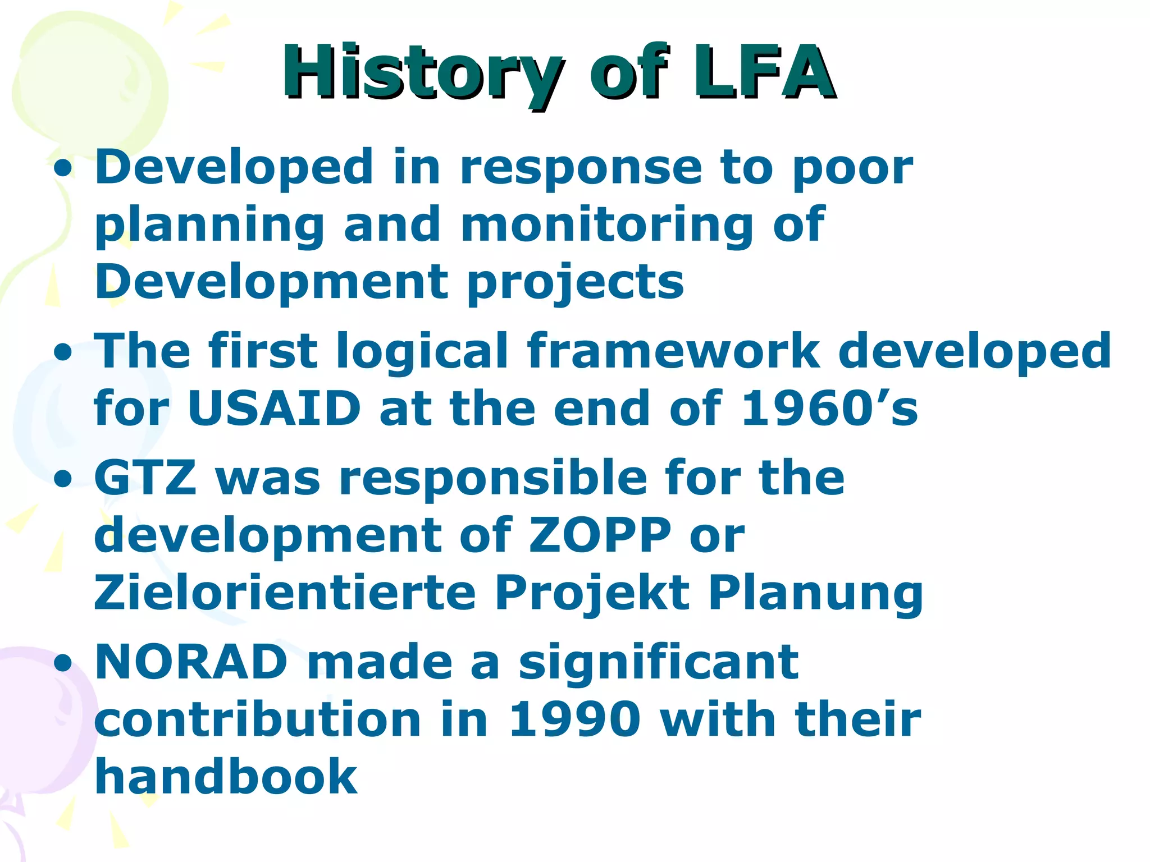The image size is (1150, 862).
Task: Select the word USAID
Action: (x=273, y=409)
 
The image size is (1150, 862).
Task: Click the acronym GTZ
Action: (x=145, y=478)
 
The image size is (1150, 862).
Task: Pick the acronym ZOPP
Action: (x=599, y=535)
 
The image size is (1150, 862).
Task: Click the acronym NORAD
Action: (x=191, y=662)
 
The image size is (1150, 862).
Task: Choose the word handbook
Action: (x=226, y=777)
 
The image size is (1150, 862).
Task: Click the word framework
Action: (x=673, y=351)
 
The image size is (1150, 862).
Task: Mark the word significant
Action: (x=658, y=662)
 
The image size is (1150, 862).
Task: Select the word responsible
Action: (x=492, y=478)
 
